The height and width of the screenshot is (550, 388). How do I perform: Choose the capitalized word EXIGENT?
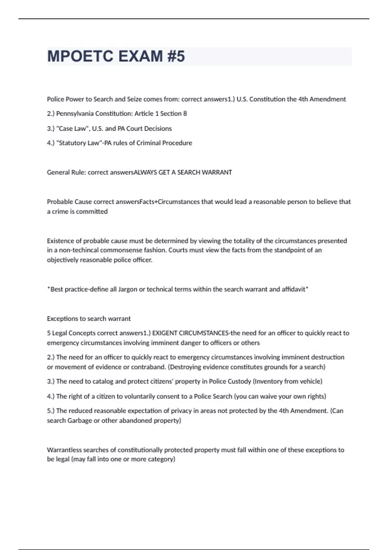pos(165,333)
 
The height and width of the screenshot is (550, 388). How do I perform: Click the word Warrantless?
pos(64,450)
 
